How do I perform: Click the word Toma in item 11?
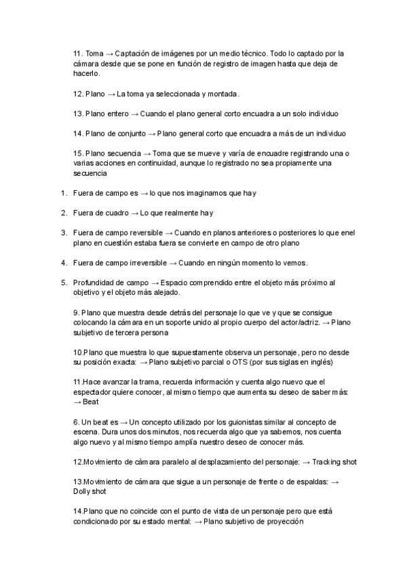tap(95, 53)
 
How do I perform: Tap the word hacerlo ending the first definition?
tap(86, 73)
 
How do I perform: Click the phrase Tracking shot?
tap(334, 462)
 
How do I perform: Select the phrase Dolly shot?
tap(90, 492)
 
